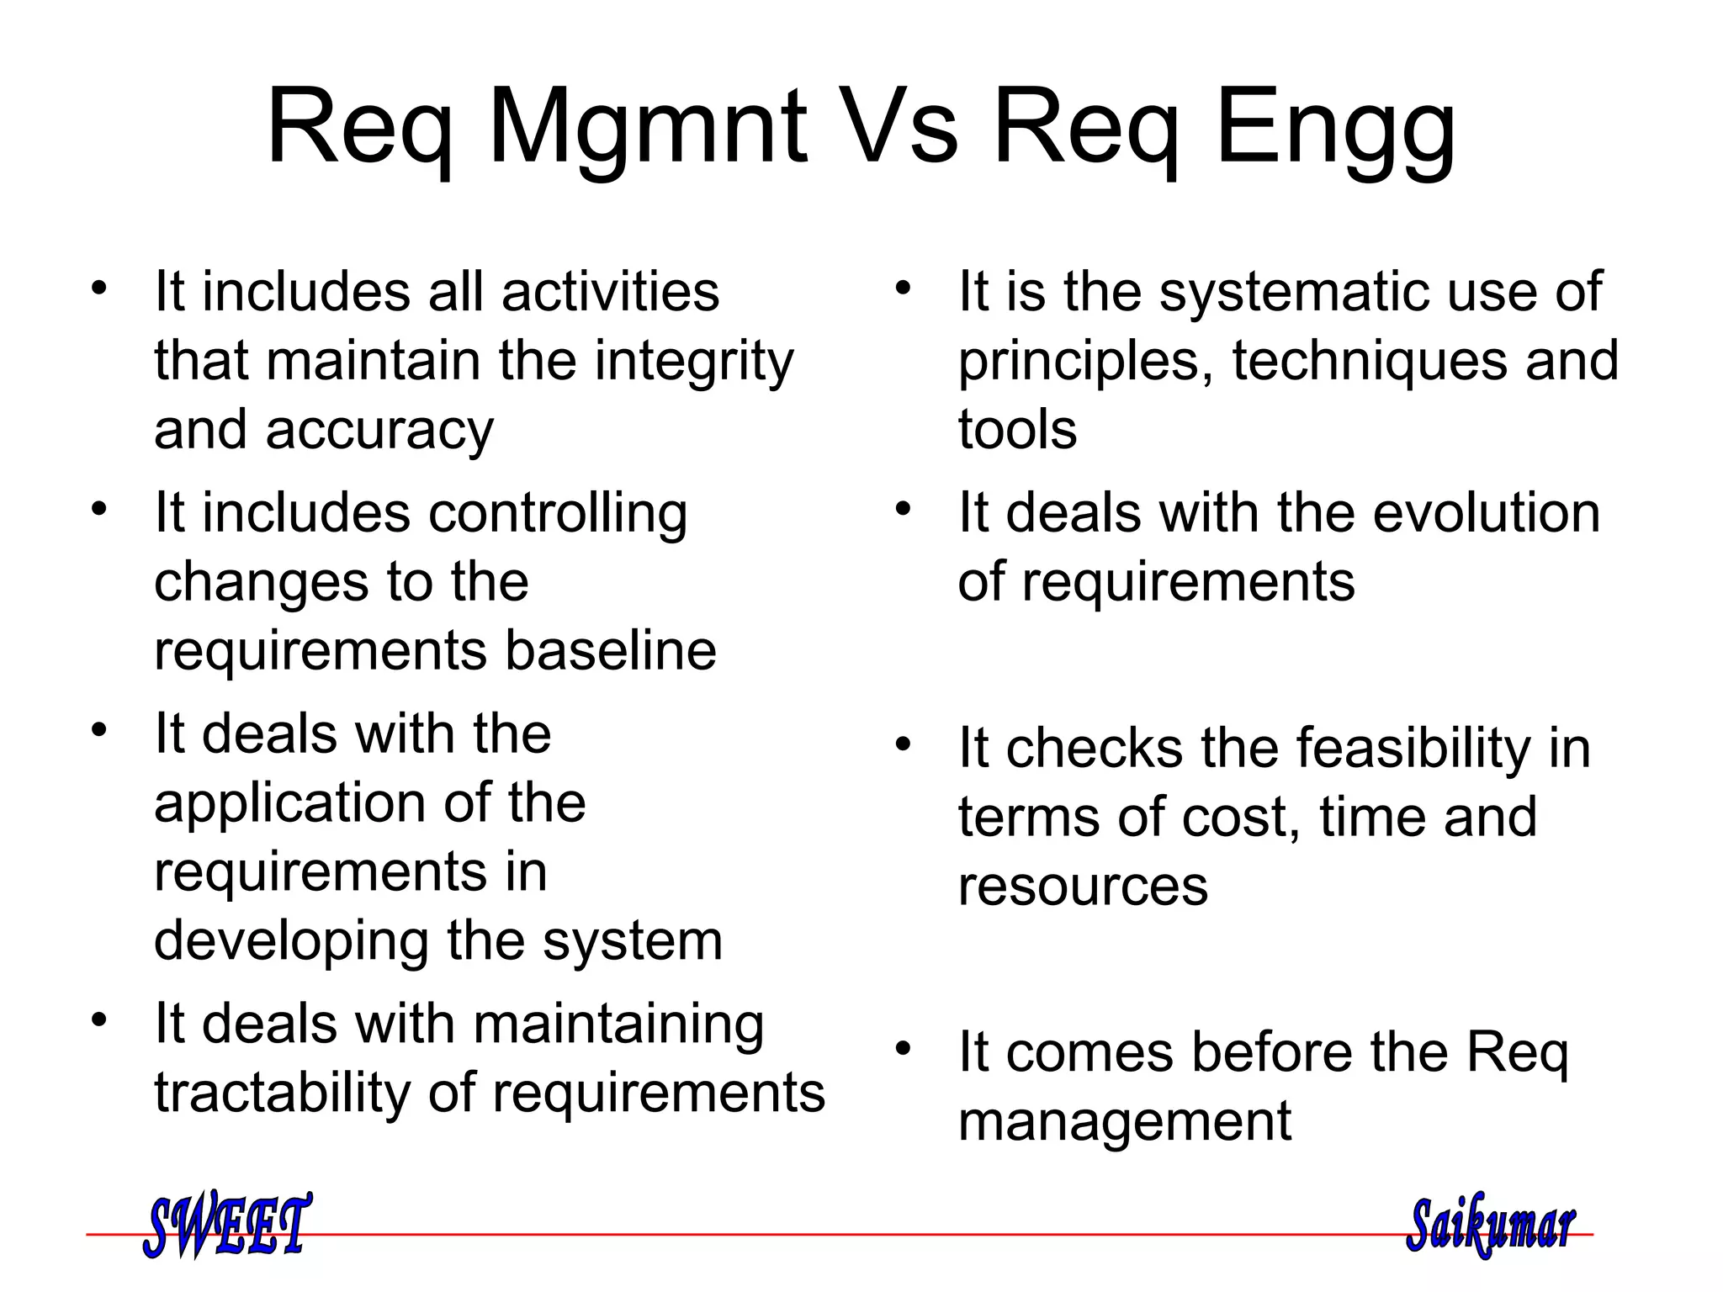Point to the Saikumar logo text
point(1490,1225)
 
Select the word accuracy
point(379,431)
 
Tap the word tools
point(1017,429)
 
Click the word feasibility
point(1413,748)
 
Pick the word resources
point(1083,886)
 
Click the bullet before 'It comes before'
point(903,1048)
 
